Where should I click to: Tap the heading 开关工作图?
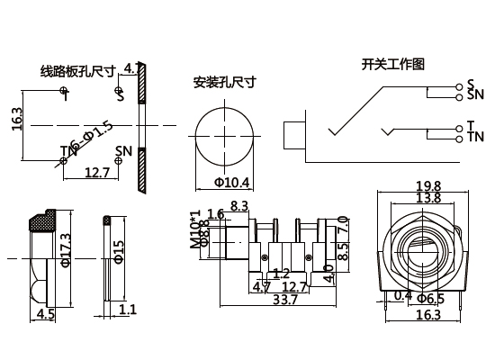(392, 65)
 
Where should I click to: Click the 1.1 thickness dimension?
(128, 310)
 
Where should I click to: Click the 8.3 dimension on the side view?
(239, 206)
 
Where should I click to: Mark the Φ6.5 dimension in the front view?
(436, 298)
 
